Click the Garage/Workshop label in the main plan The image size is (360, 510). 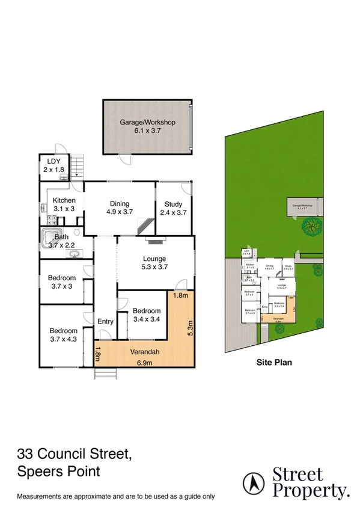click(x=147, y=122)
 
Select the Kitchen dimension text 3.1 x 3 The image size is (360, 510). click(x=63, y=209)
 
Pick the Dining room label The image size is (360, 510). click(x=119, y=204)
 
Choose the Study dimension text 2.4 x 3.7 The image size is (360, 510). click(x=173, y=212)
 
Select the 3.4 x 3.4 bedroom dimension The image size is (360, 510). click(x=146, y=319)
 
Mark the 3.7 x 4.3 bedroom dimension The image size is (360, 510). click(x=63, y=339)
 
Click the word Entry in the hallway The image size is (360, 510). click(x=105, y=322)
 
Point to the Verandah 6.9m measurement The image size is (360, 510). click(x=144, y=362)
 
